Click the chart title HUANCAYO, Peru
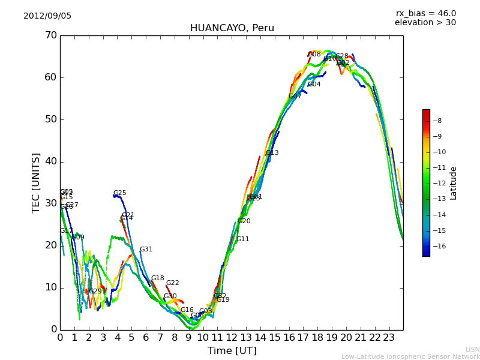tap(232, 28)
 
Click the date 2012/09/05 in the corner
tap(47, 16)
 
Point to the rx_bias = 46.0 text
tap(425, 14)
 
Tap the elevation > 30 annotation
tap(425, 23)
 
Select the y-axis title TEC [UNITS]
tap(36, 182)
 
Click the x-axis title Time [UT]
tap(232, 350)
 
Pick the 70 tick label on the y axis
tap(50, 35)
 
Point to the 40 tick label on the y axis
tap(50, 161)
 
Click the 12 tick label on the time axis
tap(232, 338)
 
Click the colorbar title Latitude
tap(454, 183)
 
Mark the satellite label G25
tap(119, 193)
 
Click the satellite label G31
tap(146, 250)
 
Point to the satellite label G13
tap(272, 153)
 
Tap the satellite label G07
tap(295, 97)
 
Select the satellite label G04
tap(314, 85)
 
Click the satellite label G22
tap(172, 283)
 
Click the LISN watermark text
tap(472, 349)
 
